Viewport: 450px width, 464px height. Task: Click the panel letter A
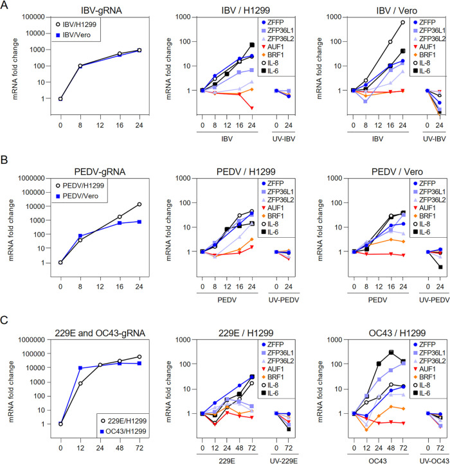point(6,6)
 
